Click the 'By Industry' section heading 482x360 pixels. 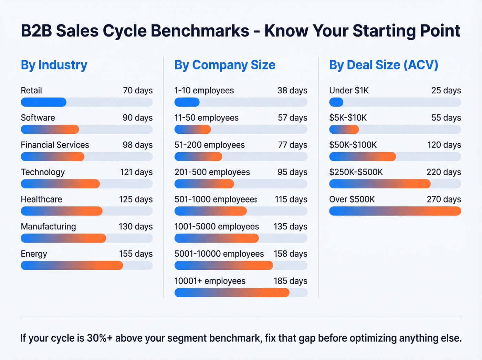click(54, 65)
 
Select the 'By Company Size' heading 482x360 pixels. click(225, 65)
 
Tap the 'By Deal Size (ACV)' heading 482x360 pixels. click(384, 65)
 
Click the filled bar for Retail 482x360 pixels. click(43, 102)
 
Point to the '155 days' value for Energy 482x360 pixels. click(136, 254)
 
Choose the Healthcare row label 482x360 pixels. click(41, 199)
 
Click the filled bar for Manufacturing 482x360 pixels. click(63, 238)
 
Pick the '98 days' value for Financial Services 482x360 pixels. click(137, 145)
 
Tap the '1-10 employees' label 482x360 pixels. click(204, 91)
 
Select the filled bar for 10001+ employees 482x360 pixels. click(232, 292)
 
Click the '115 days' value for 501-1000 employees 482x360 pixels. click(291, 199)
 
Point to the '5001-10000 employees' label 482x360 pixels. click(219, 254)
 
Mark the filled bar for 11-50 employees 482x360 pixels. click(192, 129)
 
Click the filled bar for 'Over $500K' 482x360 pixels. click(395, 211)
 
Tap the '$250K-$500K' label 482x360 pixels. click(356, 172)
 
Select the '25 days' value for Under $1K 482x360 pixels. click(446, 91)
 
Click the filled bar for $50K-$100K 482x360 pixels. click(362, 156)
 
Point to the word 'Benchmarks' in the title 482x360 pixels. click(200, 31)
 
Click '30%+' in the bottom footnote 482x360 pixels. click(99, 338)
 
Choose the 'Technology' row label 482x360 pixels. click(43, 172)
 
